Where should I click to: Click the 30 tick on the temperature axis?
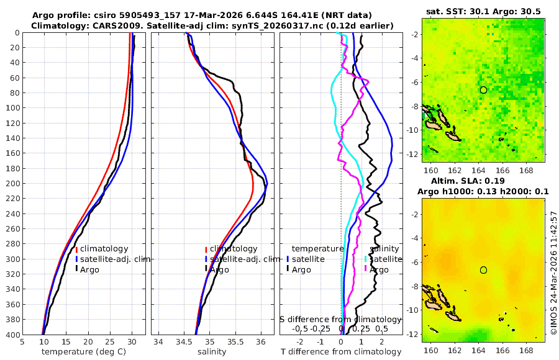point(132,341)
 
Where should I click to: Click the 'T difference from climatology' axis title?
point(341,352)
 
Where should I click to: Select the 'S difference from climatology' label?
point(340,319)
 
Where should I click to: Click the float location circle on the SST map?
point(483,90)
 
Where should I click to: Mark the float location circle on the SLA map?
point(483,270)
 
